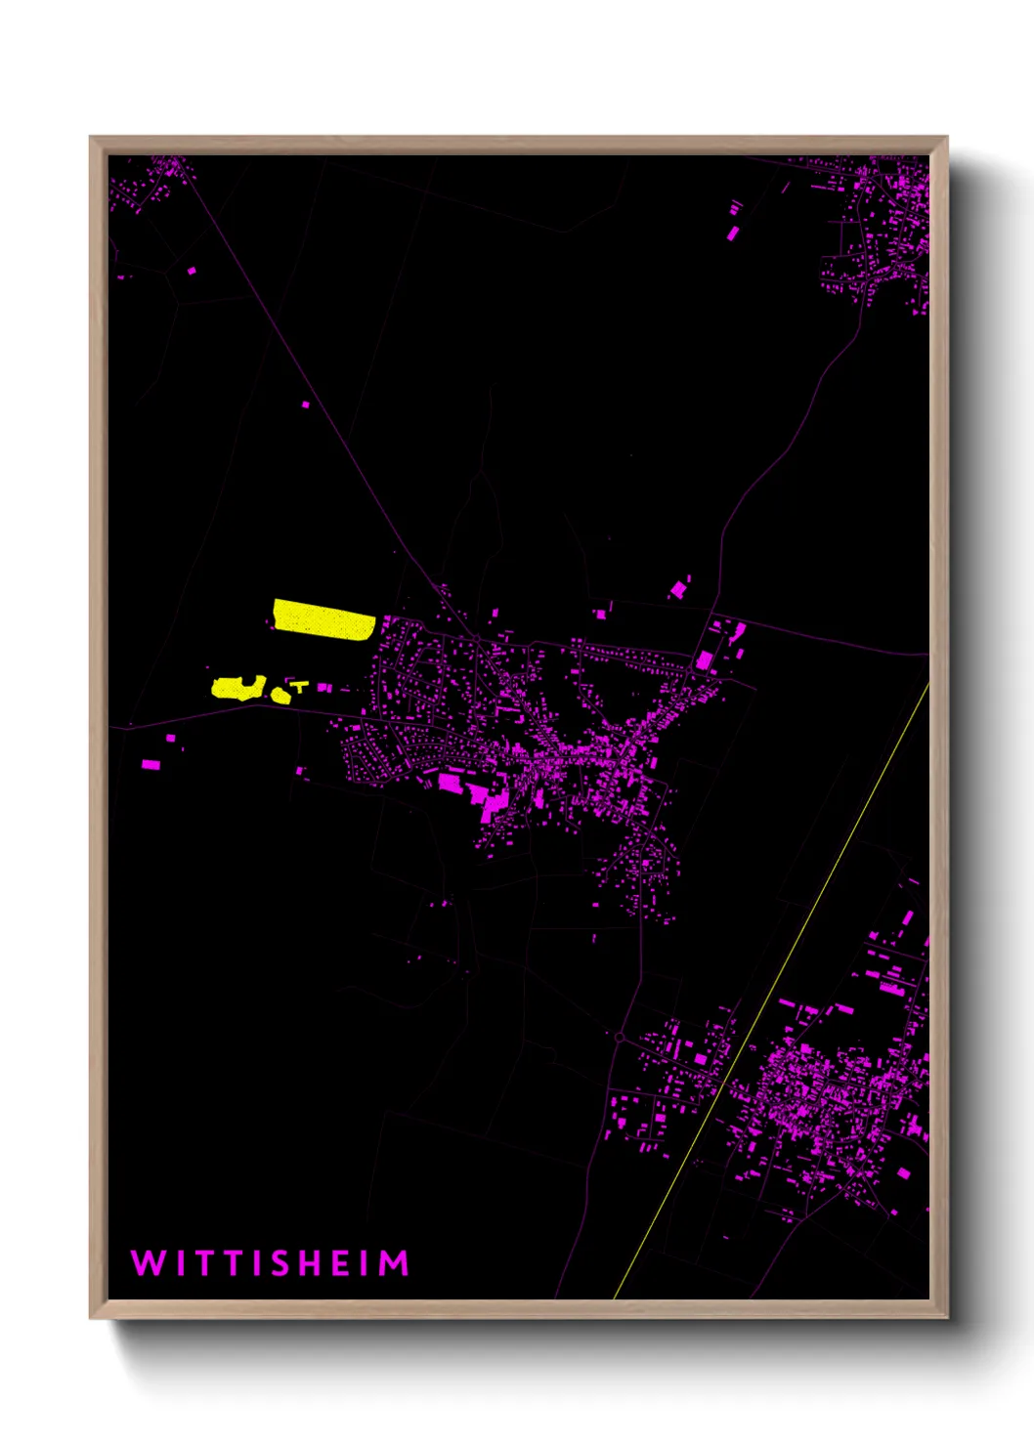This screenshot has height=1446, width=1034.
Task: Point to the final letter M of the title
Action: pyautogui.click(x=394, y=1263)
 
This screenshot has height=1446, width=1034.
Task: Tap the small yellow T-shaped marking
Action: pyautogui.click(x=300, y=687)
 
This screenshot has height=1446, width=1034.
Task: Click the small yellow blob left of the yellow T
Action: pyautogui.click(x=281, y=696)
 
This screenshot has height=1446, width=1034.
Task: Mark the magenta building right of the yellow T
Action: pyautogui.click(x=324, y=689)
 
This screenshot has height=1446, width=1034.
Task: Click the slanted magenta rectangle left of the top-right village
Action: pyautogui.click(x=733, y=233)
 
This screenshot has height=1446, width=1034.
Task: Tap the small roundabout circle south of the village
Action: pyautogui.click(x=620, y=1037)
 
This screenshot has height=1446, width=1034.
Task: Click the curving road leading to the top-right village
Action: pyautogui.click(x=782, y=449)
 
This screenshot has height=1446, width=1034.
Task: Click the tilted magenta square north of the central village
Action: pyautogui.click(x=677, y=590)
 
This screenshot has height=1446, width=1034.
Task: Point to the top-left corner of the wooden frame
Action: pyautogui.click(x=91, y=138)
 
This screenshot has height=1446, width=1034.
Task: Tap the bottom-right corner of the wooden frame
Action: pyautogui.click(x=946, y=1316)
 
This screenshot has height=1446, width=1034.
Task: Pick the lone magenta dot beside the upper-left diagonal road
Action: pyautogui.click(x=306, y=404)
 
